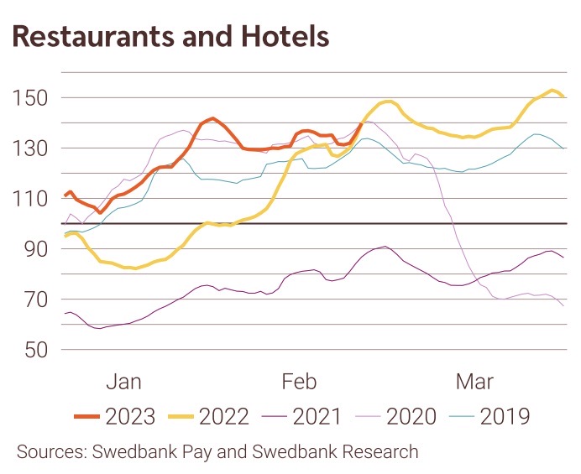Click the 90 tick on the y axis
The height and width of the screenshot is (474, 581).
[x=37, y=249]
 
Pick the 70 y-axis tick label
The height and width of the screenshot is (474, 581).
[x=37, y=300]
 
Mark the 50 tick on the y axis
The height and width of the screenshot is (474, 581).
[x=37, y=350]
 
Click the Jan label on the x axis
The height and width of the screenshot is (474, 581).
[x=124, y=382]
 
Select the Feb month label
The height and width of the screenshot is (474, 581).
[x=299, y=382]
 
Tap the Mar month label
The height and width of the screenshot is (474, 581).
[x=474, y=382]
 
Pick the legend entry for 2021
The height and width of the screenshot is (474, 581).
[x=317, y=415]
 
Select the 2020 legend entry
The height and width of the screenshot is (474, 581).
[x=411, y=415]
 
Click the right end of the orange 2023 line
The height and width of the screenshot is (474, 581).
[x=361, y=125]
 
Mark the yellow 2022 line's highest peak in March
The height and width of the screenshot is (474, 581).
[x=552, y=90]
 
